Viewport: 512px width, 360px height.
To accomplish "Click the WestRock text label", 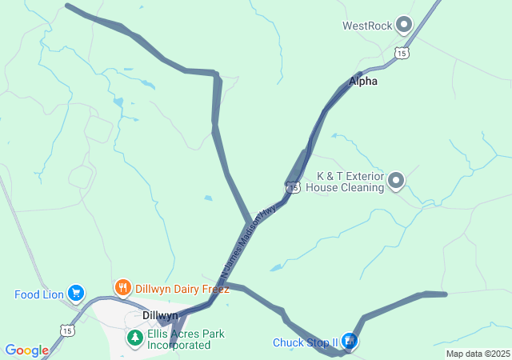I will pos(367,26).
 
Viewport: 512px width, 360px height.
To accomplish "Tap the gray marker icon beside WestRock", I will pos(404,25).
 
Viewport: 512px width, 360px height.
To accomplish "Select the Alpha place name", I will pos(362,81).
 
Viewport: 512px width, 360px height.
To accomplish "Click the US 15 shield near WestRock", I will pos(402,53).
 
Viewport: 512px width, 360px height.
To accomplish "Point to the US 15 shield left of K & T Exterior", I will pos(294,187).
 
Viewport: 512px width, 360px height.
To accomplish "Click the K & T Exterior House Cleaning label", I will pos(350,182).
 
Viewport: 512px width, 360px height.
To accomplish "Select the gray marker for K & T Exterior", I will pos(396,182).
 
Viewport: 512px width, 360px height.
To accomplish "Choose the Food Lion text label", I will pos(39,294).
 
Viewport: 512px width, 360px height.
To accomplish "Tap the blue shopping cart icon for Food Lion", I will pos(76,294).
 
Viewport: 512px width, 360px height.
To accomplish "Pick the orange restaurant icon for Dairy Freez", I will pos(122,288).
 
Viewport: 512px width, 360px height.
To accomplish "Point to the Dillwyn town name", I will pos(160,315).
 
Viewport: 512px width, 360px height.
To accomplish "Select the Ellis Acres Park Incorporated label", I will pos(178,339).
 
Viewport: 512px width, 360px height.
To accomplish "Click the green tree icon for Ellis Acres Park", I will pos(134,338).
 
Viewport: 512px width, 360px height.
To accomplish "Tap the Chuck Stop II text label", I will pos(305,343).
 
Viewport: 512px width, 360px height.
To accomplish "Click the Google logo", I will pos(26,350).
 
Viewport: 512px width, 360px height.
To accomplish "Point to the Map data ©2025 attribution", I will pos(477,354).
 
